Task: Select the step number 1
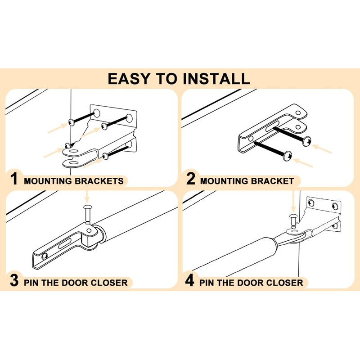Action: point(14,180)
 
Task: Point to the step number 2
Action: point(191,180)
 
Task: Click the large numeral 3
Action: point(14,281)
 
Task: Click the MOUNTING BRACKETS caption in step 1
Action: point(73,181)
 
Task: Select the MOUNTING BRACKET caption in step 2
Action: point(247,181)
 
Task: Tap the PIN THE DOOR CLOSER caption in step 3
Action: point(76,283)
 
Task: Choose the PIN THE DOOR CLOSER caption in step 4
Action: point(251,283)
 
